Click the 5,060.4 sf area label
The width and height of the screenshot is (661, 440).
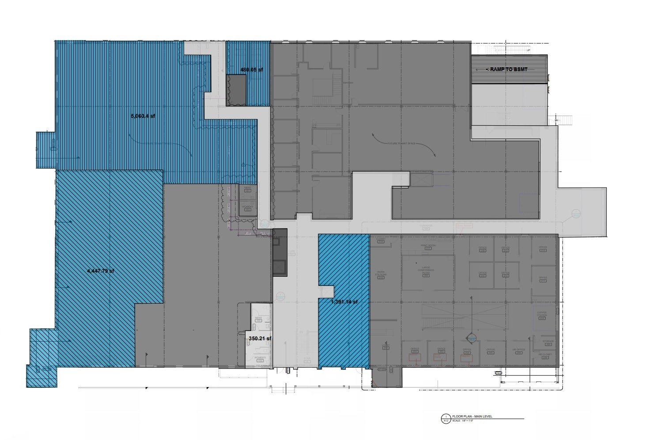(143, 116)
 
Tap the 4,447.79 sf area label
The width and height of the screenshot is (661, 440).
(101, 271)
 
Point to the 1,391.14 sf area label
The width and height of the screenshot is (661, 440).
(344, 302)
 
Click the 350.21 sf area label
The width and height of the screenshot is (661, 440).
(260, 338)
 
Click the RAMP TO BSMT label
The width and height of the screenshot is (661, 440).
(506, 70)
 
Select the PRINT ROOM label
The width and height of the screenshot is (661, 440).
(428, 245)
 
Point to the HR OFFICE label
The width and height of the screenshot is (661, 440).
(519, 350)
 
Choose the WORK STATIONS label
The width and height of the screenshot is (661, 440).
(381, 274)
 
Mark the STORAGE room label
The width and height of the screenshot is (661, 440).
(548, 341)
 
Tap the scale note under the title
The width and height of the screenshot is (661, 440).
(463, 421)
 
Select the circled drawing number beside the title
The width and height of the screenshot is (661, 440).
(446, 418)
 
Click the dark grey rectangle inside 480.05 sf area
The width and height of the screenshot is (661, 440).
(236, 90)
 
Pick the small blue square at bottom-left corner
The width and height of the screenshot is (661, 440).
(42, 376)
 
